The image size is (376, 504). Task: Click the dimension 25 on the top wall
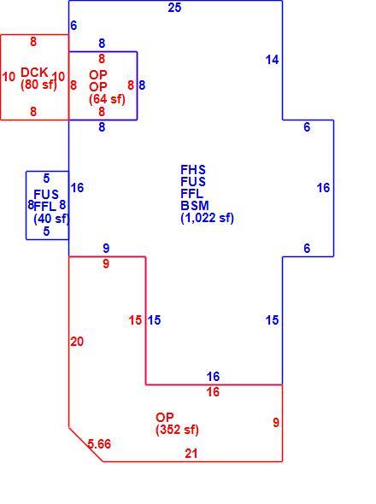click(x=174, y=8)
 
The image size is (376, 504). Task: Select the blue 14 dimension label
click(x=272, y=60)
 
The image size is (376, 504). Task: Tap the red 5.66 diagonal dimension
click(x=99, y=444)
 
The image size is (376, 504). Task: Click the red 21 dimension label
click(x=191, y=454)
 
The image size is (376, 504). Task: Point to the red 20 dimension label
click(x=77, y=342)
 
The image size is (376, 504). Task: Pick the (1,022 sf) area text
click(x=207, y=218)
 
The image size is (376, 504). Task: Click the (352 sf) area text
click(x=177, y=430)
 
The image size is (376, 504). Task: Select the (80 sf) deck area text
click(x=38, y=85)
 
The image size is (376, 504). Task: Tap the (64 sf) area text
click(x=107, y=99)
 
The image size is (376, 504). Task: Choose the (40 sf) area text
click(x=51, y=219)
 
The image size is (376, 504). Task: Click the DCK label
click(x=34, y=73)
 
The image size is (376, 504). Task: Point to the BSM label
click(x=195, y=206)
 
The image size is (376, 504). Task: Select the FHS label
click(x=193, y=170)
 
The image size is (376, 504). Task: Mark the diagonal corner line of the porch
click(x=85, y=444)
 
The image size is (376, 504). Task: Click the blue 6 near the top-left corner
click(x=73, y=26)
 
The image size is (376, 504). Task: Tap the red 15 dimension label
click(x=135, y=320)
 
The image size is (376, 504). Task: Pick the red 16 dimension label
click(x=213, y=392)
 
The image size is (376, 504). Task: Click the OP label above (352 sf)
click(x=165, y=418)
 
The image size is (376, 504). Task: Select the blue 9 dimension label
click(x=106, y=248)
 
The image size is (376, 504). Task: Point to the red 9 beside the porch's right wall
click(x=276, y=422)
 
